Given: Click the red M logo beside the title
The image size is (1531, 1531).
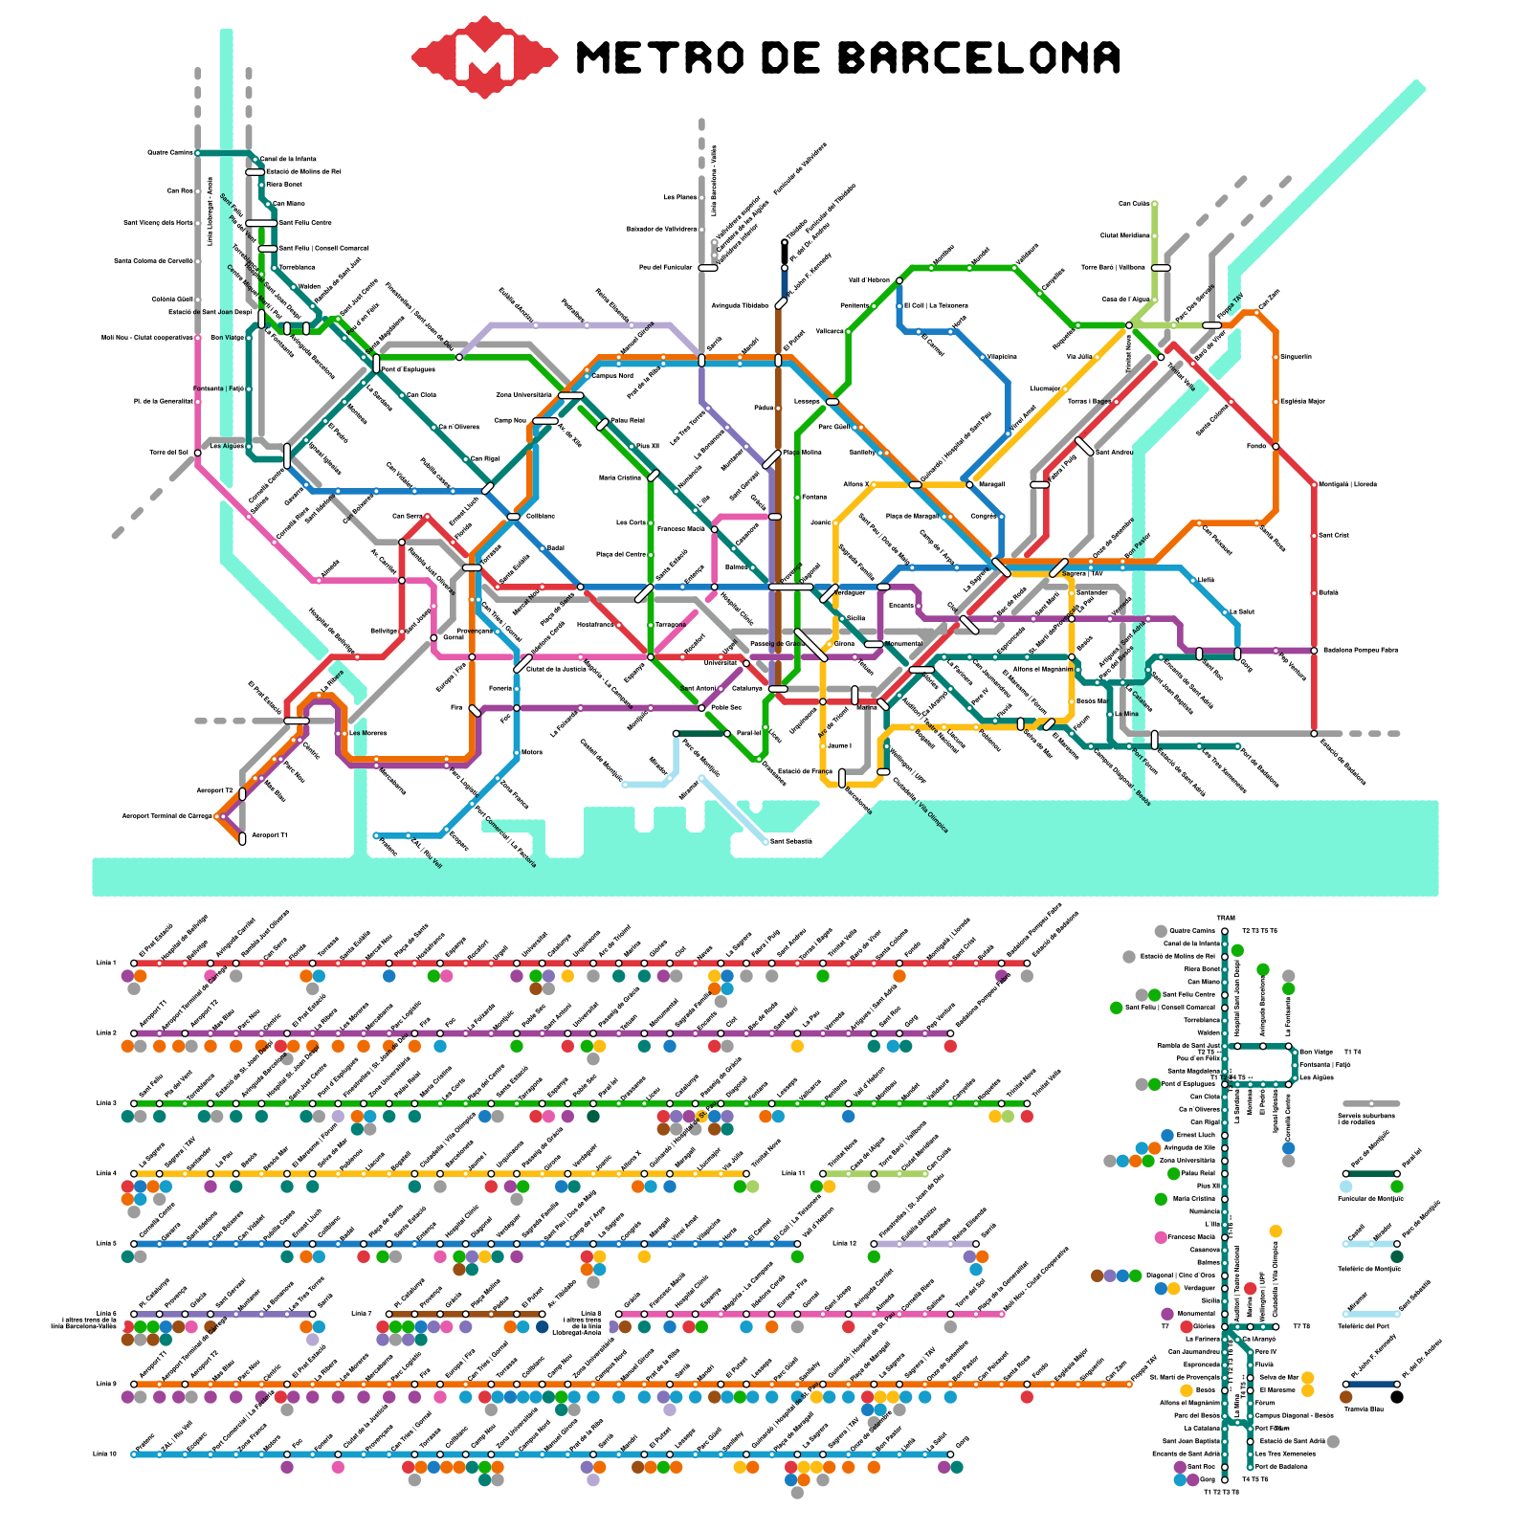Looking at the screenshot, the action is point(484,57).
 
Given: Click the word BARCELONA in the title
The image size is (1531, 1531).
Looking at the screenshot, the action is point(979,57).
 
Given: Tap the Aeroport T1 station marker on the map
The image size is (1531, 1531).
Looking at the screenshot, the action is point(242,838).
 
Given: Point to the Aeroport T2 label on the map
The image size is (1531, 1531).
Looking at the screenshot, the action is point(214,790).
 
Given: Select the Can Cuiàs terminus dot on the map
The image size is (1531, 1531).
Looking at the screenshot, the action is point(1155,204).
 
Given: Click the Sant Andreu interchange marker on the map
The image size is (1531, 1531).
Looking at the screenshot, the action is point(1084,446).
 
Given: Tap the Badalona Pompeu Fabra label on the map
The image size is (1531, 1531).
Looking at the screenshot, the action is point(1359,650).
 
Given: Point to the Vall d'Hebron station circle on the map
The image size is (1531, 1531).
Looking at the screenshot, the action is point(899,280).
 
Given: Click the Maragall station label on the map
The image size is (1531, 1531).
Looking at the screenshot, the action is point(991,484).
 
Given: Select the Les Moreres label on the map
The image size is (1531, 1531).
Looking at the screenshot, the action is point(368,733).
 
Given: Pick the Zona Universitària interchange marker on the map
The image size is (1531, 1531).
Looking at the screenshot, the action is point(571,395).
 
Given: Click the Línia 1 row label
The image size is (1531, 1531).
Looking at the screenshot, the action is point(105,963).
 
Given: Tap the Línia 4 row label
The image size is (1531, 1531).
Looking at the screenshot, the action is point(105,1173).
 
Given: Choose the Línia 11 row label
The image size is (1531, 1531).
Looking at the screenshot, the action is point(793,1173).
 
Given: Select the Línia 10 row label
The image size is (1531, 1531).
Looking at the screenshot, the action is point(105,1453).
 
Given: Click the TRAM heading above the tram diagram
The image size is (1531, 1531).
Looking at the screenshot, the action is point(1226,919).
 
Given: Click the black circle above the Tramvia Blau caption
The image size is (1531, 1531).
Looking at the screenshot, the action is point(1397,1397).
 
